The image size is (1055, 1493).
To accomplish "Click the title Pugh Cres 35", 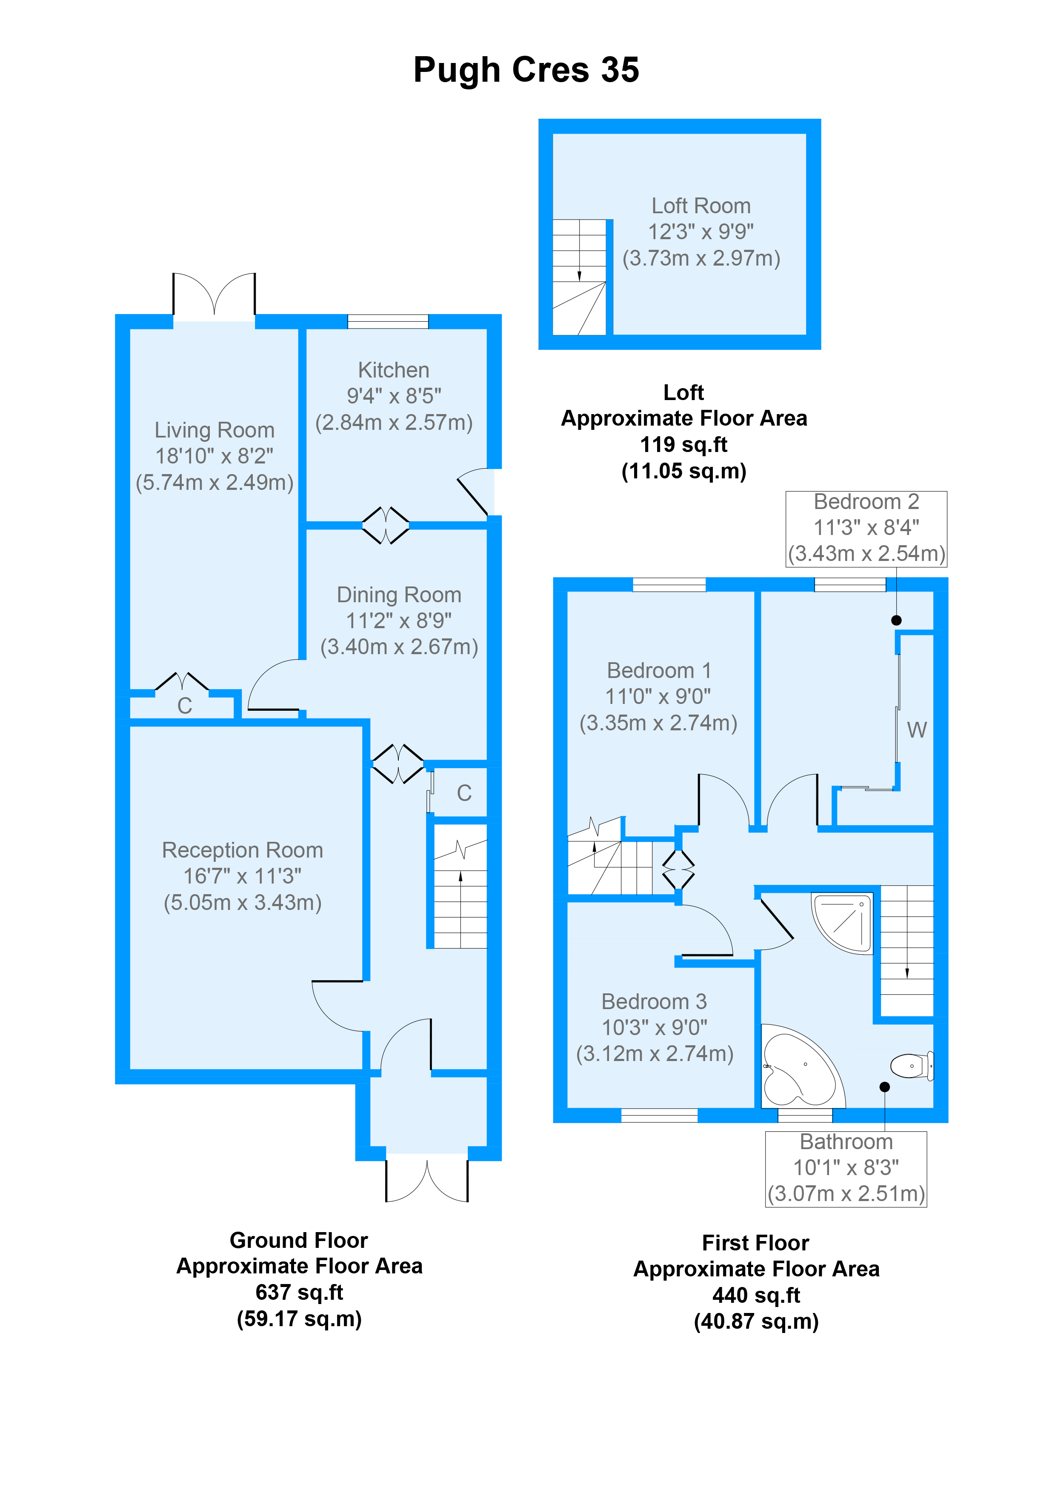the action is pyautogui.click(x=526, y=70).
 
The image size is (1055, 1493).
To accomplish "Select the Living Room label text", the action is pyautogui.click(x=214, y=430).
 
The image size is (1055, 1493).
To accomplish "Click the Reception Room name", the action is pyautogui.click(x=243, y=850).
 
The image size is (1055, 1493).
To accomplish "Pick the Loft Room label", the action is pyautogui.click(x=701, y=206).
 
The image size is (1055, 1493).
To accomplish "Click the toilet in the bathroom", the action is pyautogui.click(x=911, y=1066).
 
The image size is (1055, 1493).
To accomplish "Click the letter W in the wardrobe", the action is pyautogui.click(x=917, y=730).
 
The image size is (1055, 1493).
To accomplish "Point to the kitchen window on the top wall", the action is pyautogui.click(x=388, y=321).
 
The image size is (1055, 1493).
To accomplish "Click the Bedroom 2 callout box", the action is pyautogui.click(x=866, y=529).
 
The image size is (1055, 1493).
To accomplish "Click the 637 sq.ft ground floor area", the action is pyautogui.click(x=299, y=1292).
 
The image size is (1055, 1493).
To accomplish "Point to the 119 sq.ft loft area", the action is pyautogui.click(x=684, y=445).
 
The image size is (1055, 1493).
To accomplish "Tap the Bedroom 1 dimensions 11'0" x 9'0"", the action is pyautogui.click(x=658, y=696).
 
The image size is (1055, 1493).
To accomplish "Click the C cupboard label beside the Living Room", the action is pyautogui.click(x=185, y=706).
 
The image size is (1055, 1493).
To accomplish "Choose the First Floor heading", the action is pyautogui.click(x=755, y=1243).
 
